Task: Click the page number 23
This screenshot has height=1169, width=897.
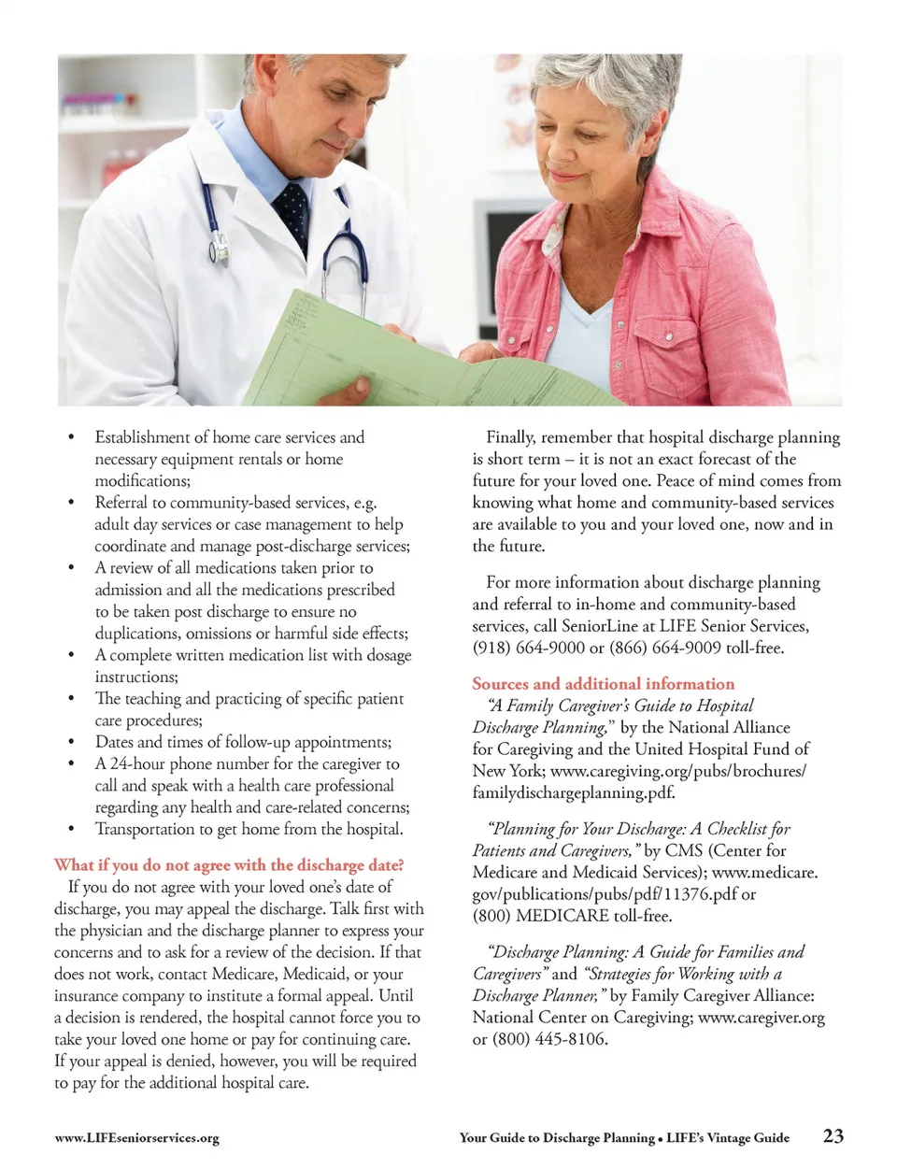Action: coord(833,1135)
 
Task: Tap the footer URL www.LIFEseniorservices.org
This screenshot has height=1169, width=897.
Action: coord(136,1137)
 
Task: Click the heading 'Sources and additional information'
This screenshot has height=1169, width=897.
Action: coord(603,683)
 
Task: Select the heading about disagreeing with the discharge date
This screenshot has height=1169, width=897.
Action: coord(229,864)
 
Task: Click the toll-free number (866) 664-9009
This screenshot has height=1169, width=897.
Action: coord(664,648)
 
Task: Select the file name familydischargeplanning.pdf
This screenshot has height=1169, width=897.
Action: coord(573,792)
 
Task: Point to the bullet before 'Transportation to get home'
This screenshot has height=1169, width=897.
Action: coord(70,830)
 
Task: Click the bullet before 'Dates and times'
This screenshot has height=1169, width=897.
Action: coord(70,743)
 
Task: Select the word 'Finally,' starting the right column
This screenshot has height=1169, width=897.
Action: coord(510,437)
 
